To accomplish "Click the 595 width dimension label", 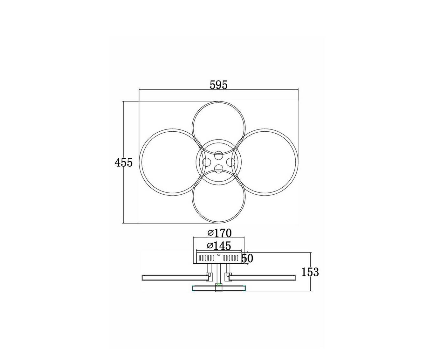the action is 218,85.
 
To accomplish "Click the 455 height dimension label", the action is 123,163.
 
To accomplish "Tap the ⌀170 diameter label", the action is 220,233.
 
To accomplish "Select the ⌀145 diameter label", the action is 219,246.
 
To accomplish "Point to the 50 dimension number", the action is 247,258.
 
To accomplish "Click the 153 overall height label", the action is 310,272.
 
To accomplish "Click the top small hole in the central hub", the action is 218,156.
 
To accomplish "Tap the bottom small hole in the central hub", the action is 218,169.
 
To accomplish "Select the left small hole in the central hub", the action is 207,162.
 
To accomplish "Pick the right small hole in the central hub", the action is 230,162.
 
